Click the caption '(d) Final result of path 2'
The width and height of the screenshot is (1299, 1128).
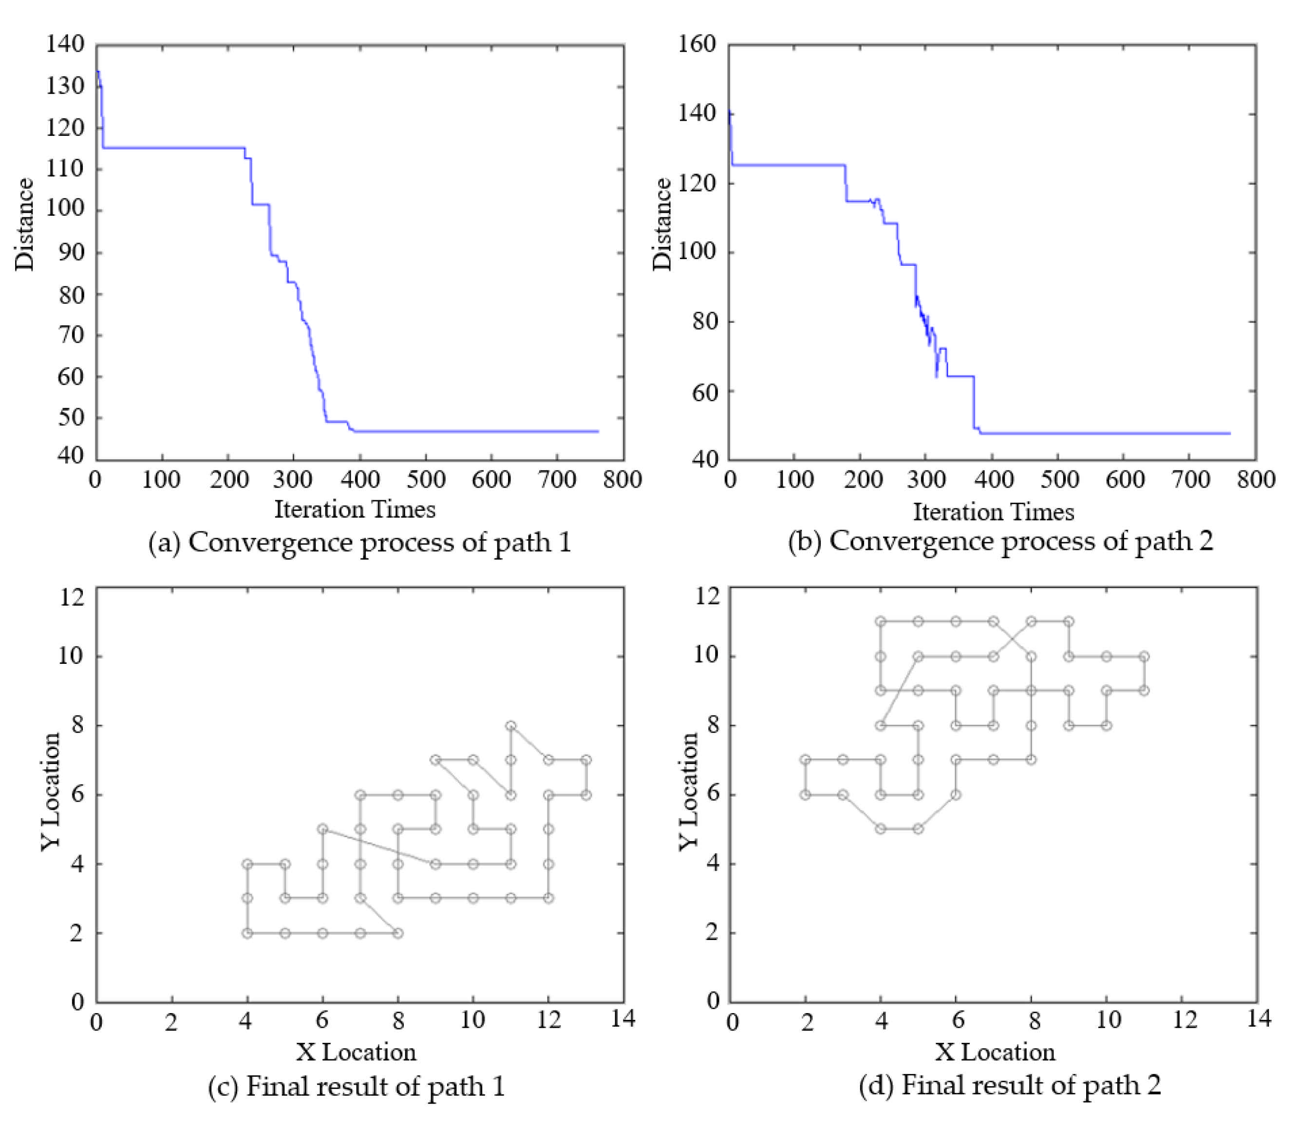click(x=1010, y=1085)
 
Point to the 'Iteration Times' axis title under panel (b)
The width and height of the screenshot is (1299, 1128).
click(x=994, y=511)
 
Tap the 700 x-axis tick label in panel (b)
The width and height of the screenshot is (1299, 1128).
click(x=1190, y=480)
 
